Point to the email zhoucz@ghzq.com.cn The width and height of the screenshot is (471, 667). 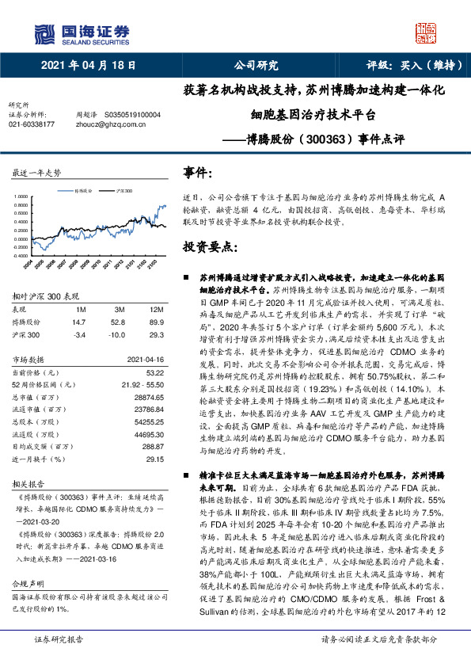tap(101, 124)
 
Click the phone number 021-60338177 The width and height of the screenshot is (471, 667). tap(31, 124)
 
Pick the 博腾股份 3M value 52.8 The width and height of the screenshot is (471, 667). tap(120, 321)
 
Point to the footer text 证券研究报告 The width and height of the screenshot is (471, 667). tap(57, 658)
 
